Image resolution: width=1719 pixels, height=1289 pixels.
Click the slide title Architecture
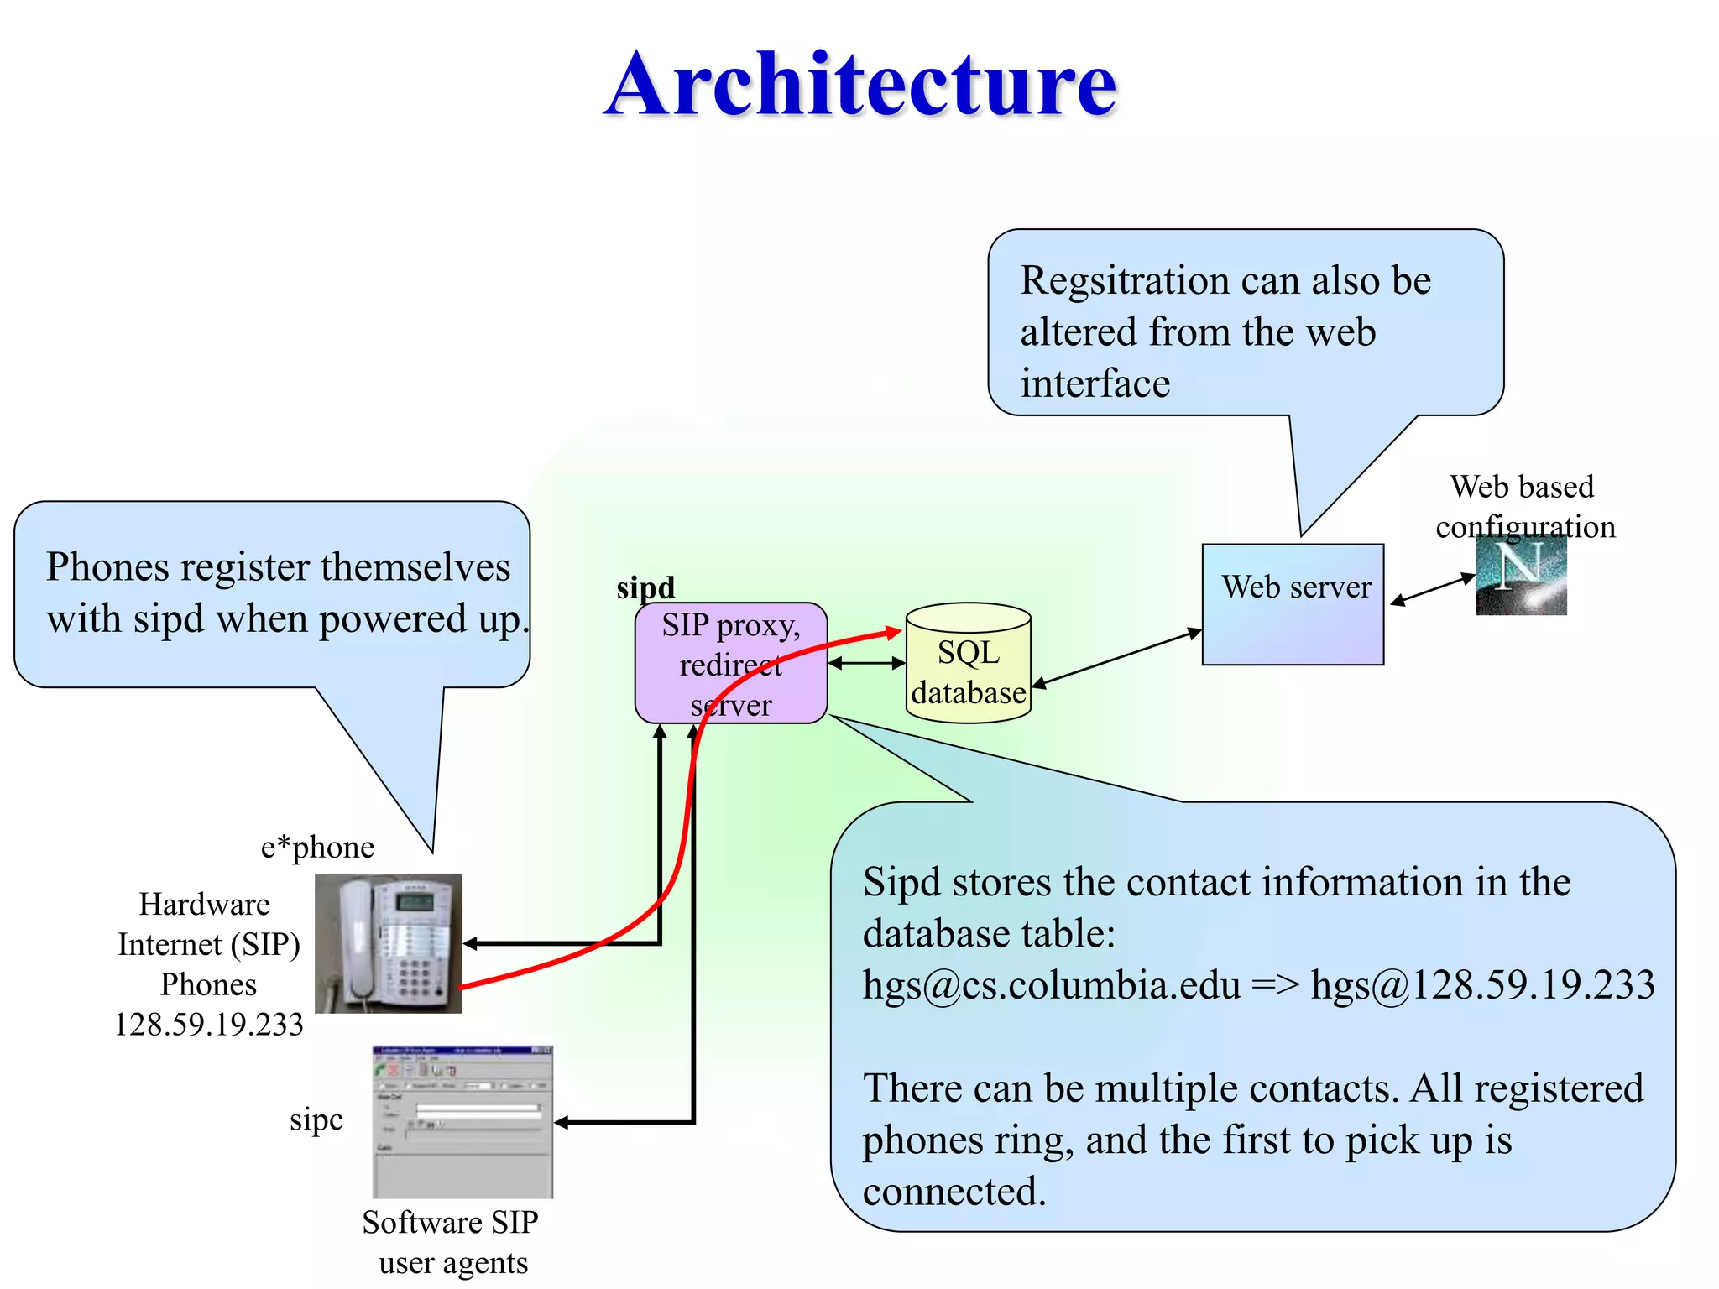click(x=860, y=84)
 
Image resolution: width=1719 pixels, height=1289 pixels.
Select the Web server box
click(x=1293, y=604)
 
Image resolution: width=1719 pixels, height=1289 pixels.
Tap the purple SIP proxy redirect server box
click(x=730, y=663)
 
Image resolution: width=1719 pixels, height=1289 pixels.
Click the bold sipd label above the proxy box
click(x=645, y=587)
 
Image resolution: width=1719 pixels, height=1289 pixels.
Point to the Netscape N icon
click(x=1521, y=576)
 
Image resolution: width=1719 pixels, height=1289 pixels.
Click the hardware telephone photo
click(x=388, y=942)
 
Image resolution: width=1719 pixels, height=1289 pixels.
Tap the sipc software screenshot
click(x=462, y=1121)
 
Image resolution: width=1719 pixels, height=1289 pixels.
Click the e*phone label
click(x=317, y=847)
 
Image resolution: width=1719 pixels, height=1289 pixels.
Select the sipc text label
click(x=316, y=1119)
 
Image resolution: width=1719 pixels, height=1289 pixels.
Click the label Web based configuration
click(x=1524, y=507)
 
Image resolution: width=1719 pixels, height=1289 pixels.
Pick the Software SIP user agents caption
click(x=452, y=1242)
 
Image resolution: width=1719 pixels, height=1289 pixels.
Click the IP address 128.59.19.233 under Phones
click(x=209, y=1025)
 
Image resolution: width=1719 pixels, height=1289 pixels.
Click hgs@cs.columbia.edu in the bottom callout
click(x=1051, y=985)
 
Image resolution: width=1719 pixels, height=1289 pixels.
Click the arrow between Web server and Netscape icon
click(x=1432, y=588)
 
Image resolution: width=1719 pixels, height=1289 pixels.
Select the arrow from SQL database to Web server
click(x=1116, y=659)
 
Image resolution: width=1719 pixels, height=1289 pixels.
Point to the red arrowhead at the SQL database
click(x=894, y=632)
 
